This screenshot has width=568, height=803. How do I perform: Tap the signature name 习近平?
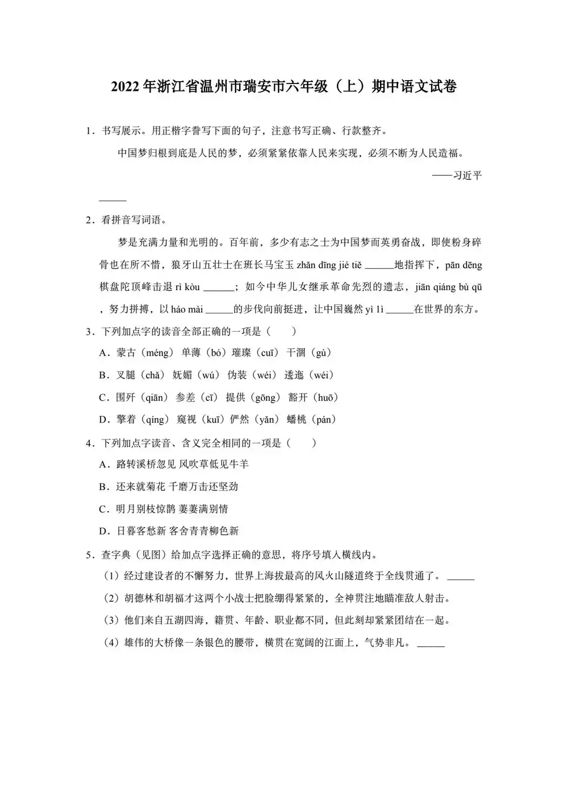point(467,175)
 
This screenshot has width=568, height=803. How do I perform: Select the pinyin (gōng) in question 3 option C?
point(266,398)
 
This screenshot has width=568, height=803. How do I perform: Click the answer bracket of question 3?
point(281,331)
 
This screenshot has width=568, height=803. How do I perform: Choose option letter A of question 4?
point(103,465)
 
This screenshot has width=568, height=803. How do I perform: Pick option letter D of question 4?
point(103,532)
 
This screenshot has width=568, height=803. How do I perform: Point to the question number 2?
point(89,220)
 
